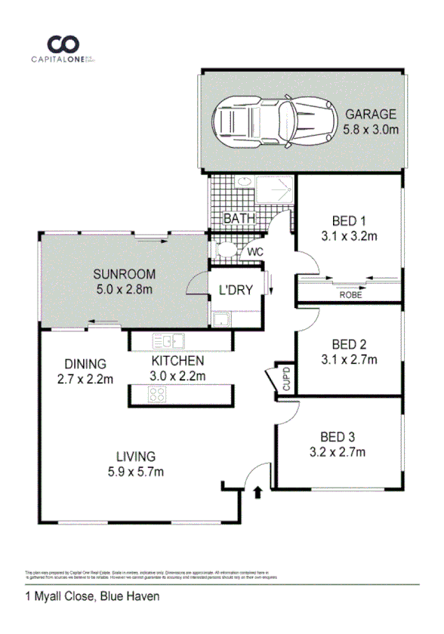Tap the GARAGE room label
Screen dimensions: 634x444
coord(370,115)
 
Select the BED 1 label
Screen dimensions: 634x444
coord(349,221)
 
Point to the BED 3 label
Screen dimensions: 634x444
coord(338,436)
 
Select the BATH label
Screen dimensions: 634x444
coord(239,219)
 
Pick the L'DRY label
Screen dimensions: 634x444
coord(235,290)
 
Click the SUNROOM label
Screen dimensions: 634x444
coord(124,273)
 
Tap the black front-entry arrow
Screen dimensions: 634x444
coord(259,493)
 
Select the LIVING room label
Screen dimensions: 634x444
coord(136,457)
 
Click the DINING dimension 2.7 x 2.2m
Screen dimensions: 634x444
coord(85,379)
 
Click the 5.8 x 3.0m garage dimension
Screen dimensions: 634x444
coord(371,130)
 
